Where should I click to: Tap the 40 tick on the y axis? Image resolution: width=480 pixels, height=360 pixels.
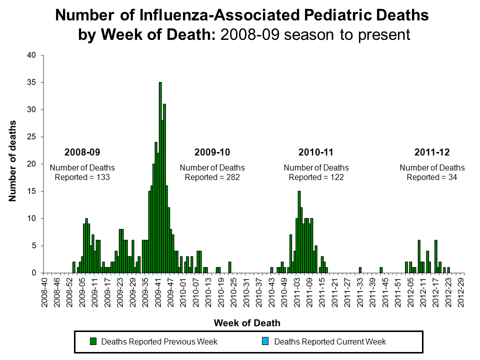click(x=31, y=55)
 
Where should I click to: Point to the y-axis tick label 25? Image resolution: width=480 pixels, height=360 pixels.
click(x=31, y=137)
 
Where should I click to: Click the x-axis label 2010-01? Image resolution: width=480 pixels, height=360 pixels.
click(x=181, y=295)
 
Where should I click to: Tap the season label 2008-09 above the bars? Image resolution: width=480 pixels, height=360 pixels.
click(x=82, y=151)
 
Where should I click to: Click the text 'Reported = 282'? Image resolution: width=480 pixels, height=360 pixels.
click(x=212, y=177)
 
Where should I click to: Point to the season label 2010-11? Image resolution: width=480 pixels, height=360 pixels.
click(x=315, y=151)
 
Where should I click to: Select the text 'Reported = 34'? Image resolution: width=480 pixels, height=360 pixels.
click(x=431, y=177)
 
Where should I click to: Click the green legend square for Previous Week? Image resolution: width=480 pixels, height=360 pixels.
click(x=93, y=341)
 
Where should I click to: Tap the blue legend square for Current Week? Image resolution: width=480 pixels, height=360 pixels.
click(x=266, y=341)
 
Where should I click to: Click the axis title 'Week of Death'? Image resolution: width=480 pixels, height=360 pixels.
click(x=247, y=322)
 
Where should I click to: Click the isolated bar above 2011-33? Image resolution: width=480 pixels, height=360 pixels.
click(x=360, y=270)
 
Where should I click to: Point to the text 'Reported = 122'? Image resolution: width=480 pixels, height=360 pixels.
click(x=316, y=177)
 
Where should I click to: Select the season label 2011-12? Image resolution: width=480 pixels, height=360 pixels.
click(x=431, y=151)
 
